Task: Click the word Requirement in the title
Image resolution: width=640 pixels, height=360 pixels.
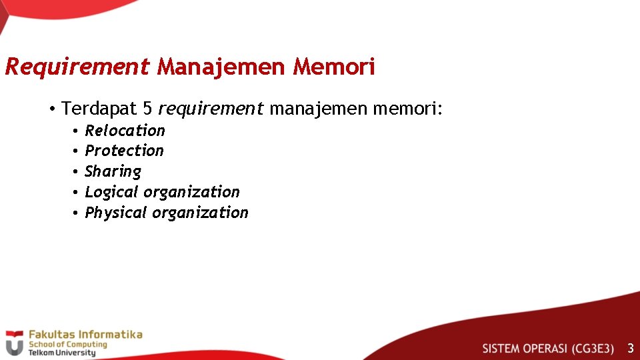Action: point(77,67)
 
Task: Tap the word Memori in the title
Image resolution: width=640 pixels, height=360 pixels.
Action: point(335,67)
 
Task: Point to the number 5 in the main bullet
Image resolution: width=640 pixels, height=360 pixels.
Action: point(147,108)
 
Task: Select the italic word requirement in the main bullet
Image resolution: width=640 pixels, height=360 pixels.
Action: point(211,109)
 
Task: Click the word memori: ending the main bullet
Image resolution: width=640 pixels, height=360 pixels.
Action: point(407,108)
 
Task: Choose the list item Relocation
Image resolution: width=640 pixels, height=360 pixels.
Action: point(125,131)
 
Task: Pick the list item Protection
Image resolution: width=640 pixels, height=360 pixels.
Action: point(124,151)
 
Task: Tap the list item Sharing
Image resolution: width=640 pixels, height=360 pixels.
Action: point(113,172)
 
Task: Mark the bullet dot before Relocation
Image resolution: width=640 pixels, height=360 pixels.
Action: point(77,131)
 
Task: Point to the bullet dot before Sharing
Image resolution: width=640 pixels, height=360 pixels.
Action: point(77,172)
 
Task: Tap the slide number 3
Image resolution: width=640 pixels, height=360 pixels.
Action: point(630,348)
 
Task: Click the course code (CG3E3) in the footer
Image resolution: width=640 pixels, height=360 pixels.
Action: point(593,349)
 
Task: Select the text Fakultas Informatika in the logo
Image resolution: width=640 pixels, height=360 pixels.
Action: point(85,334)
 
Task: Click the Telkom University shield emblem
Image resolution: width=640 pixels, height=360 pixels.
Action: point(14,343)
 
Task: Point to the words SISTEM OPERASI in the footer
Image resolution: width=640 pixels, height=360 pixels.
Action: point(525,349)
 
